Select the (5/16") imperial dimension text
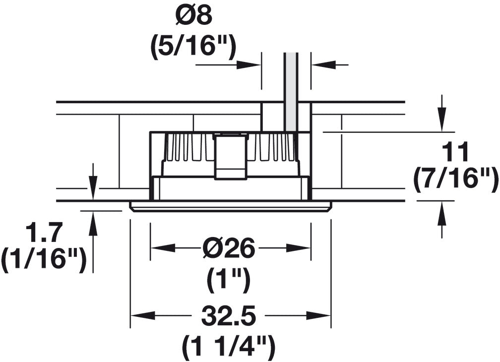point(193,48)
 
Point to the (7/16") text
point(456,181)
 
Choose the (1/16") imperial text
point(44,260)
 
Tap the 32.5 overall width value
point(229,316)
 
